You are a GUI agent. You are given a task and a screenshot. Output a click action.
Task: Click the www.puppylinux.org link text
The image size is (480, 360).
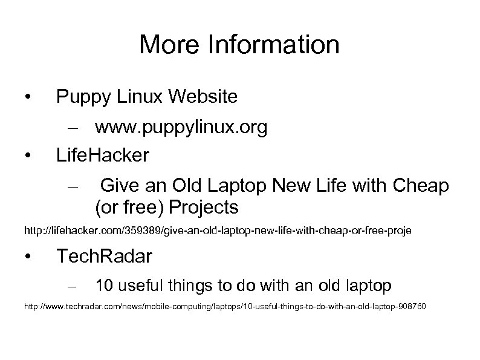point(181,128)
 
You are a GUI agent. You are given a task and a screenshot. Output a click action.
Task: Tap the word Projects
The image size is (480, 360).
point(204,208)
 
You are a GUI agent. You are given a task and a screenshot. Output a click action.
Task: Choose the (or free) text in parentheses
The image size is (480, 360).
point(129,208)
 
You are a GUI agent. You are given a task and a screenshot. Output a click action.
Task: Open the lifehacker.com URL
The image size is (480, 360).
point(217,231)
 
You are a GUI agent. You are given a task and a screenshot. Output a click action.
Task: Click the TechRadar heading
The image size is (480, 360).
point(104,257)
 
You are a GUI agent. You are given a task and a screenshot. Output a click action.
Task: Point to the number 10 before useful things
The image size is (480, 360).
point(103,284)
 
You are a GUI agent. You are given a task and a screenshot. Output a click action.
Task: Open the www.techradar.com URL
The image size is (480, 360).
point(224,307)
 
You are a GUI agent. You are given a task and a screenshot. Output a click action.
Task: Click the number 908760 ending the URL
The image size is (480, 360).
point(412,307)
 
